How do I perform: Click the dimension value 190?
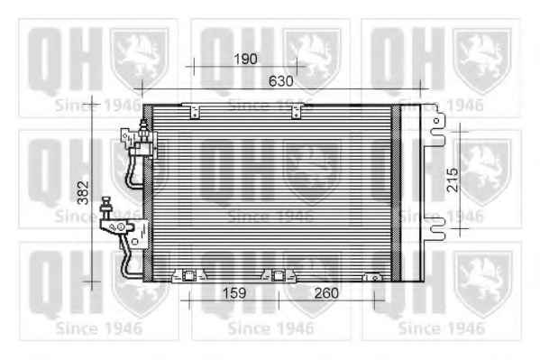245,59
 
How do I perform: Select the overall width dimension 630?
281,81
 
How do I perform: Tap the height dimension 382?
83,192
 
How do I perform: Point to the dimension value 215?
453,180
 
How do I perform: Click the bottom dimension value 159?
234,293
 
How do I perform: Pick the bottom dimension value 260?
326,293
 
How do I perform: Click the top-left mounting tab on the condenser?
195,111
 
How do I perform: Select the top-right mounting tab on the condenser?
297,111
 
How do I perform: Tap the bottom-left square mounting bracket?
188,275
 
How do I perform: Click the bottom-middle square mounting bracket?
279,275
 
